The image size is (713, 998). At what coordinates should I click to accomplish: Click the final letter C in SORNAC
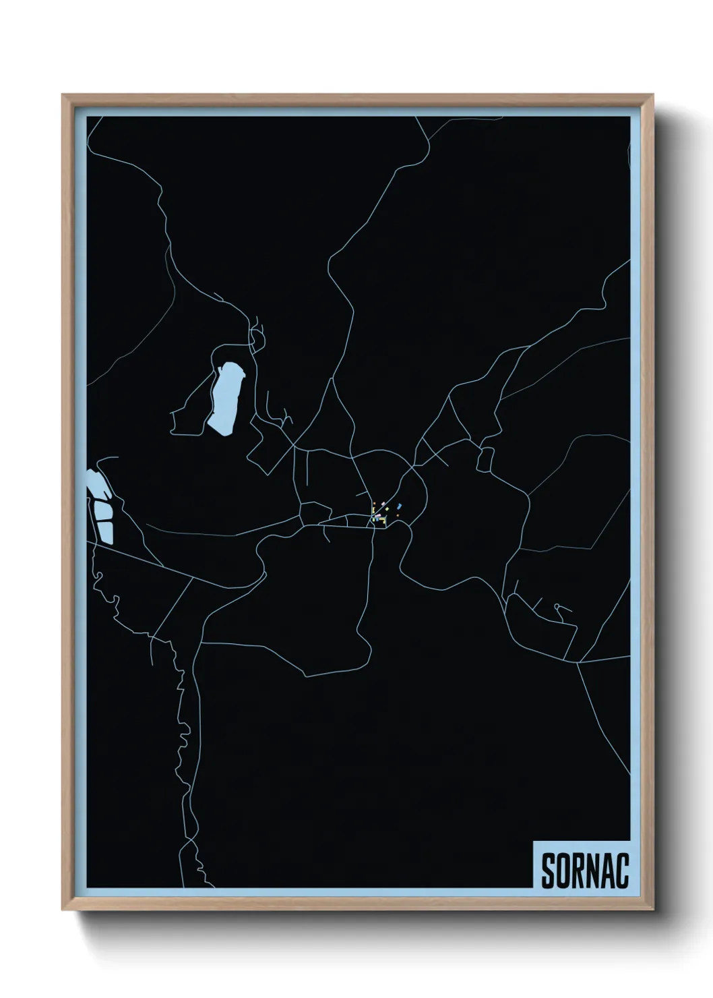pos(623,871)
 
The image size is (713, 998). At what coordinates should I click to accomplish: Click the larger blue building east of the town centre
pos(399,506)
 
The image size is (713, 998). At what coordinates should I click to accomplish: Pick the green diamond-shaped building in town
pos(387,509)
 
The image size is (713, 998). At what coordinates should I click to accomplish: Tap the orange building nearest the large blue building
pos(398,515)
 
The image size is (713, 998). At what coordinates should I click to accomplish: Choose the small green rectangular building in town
pos(373,520)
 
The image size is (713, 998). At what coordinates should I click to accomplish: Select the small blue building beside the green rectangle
pos(377,519)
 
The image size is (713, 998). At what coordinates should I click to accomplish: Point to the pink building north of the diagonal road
pos(383,504)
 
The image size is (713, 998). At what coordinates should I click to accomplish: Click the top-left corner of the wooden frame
pos(63,95)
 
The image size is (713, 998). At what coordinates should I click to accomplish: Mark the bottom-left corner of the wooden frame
pos(63,908)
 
